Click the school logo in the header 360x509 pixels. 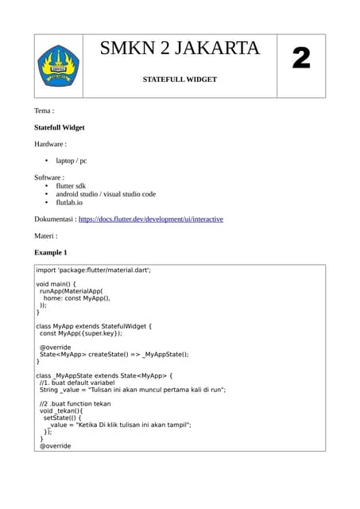tap(58, 66)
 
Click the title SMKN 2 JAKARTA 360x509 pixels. tap(180, 49)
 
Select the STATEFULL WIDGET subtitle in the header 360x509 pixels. tap(180, 80)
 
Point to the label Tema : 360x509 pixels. tap(45, 111)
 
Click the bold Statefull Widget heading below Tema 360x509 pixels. tap(60, 127)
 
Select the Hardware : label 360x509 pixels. tap(51, 144)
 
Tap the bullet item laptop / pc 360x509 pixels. tap(72, 161)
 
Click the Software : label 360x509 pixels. tap(49, 177)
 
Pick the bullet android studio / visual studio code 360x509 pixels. tap(106, 194)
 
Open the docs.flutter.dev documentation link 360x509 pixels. tap(151, 219)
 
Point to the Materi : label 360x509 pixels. tap(46, 235)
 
